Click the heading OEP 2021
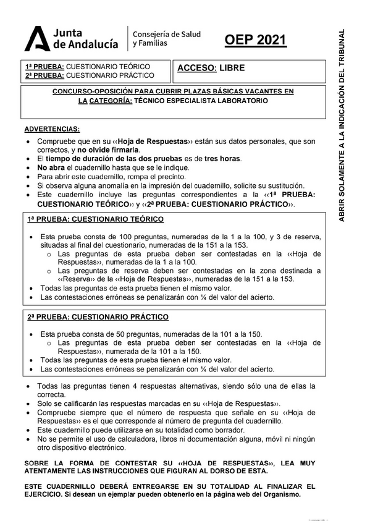pyautogui.click(x=255, y=41)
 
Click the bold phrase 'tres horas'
pyautogui.click(x=222, y=159)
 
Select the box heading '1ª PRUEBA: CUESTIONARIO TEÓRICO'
pyautogui.click(x=95, y=219)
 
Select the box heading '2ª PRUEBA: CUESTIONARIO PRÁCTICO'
pyautogui.click(x=98, y=317)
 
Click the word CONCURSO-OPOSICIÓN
pyautogui.click(x=90, y=91)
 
